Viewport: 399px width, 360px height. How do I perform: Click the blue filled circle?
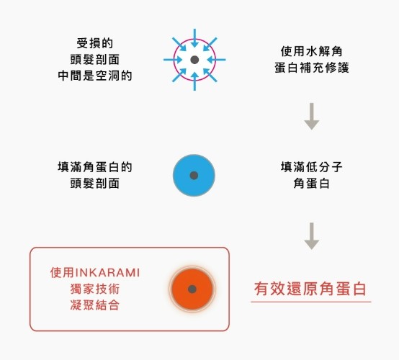(194, 175)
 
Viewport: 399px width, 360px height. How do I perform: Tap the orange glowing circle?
(192, 289)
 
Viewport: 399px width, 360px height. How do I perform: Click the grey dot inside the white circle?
(194, 60)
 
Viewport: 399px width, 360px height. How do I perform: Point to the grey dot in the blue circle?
(194, 175)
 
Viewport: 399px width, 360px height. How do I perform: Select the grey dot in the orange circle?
(192, 289)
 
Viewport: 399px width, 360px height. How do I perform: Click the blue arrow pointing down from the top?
(194, 38)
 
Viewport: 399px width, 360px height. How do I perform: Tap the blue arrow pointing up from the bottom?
(194, 81)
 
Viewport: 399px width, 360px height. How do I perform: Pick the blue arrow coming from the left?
(173, 60)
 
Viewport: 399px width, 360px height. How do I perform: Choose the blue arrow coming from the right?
(216, 60)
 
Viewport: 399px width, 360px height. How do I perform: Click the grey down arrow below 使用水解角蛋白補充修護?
(312, 116)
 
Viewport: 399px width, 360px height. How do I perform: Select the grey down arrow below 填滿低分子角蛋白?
(312, 236)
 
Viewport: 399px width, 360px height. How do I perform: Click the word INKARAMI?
(107, 273)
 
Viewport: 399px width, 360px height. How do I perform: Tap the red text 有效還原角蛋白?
(310, 289)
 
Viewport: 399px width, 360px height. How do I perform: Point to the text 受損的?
(94, 43)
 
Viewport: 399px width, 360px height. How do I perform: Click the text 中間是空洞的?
(94, 76)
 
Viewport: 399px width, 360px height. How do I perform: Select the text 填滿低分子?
(312, 167)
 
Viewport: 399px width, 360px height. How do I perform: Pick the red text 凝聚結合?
(94, 305)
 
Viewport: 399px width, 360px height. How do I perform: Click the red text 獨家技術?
(94, 289)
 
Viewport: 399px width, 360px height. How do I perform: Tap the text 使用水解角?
(312, 51)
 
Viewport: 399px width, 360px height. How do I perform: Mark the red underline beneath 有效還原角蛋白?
(311, 302)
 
